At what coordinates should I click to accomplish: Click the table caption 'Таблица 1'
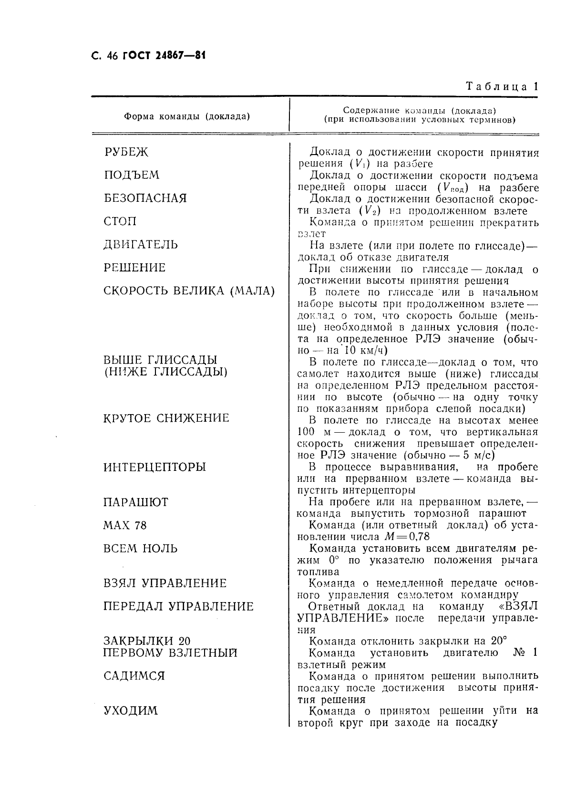pos(501,87)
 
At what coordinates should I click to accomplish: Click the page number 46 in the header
pos(112,56)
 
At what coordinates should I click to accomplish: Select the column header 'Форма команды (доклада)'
pos(187,116)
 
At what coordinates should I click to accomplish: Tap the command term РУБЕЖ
pos(126,152)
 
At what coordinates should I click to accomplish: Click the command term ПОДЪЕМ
pos(132,175)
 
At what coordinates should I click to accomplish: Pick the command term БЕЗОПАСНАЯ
pos(145,198)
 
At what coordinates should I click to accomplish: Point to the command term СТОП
pos(120,221)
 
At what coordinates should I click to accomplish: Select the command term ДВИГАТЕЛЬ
pos(141,245)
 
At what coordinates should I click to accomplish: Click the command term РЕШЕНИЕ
pos(135,268)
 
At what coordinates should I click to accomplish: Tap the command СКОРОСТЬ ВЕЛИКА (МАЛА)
pos(189,291)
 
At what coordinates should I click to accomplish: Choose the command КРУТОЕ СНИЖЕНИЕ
pos(166,418)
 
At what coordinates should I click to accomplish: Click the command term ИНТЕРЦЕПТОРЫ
pos(154,467)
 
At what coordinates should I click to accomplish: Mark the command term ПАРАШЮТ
pos(136,502)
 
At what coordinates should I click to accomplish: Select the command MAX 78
pos(125,526)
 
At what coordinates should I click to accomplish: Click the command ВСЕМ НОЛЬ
pos(140,549)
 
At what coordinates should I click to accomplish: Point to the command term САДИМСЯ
pos(134,676)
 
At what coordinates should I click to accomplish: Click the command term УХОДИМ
pos(131,711)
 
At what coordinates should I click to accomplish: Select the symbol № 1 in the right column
pos(525,653)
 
